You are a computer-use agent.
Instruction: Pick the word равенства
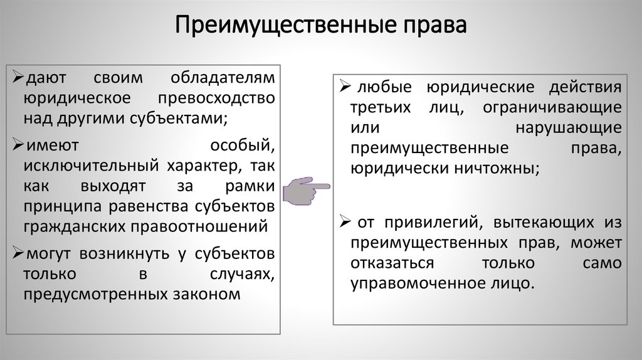pyautogui.click(x=150, y=206)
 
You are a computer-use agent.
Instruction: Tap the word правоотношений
pyautogui.click(x=206, y=225)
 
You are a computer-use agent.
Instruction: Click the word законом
pyautogui.click(x=209, y=293)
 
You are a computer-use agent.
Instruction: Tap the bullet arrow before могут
pyautogui.click(x=18, y=254)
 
